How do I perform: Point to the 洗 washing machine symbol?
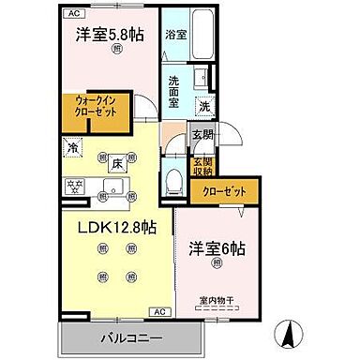pos(203,107)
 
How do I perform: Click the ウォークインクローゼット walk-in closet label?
pos(97,110)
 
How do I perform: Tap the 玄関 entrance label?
pos(203,135)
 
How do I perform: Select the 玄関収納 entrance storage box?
pos(203,165)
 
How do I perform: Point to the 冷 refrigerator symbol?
pos(73,147)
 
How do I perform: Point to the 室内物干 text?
pos(216,300)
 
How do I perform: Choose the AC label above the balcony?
pos(159,310)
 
